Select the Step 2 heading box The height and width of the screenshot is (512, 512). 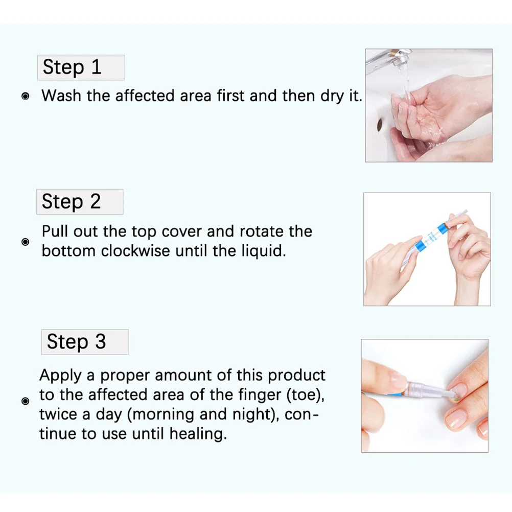click(80, 202)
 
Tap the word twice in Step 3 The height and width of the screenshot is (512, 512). click(59, 415)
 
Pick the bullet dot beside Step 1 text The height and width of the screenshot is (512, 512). click(26, 96)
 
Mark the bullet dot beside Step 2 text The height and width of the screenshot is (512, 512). click(26, 242)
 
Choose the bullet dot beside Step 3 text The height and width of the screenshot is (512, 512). click(26, 402)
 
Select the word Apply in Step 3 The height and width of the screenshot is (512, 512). click(60, 375)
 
